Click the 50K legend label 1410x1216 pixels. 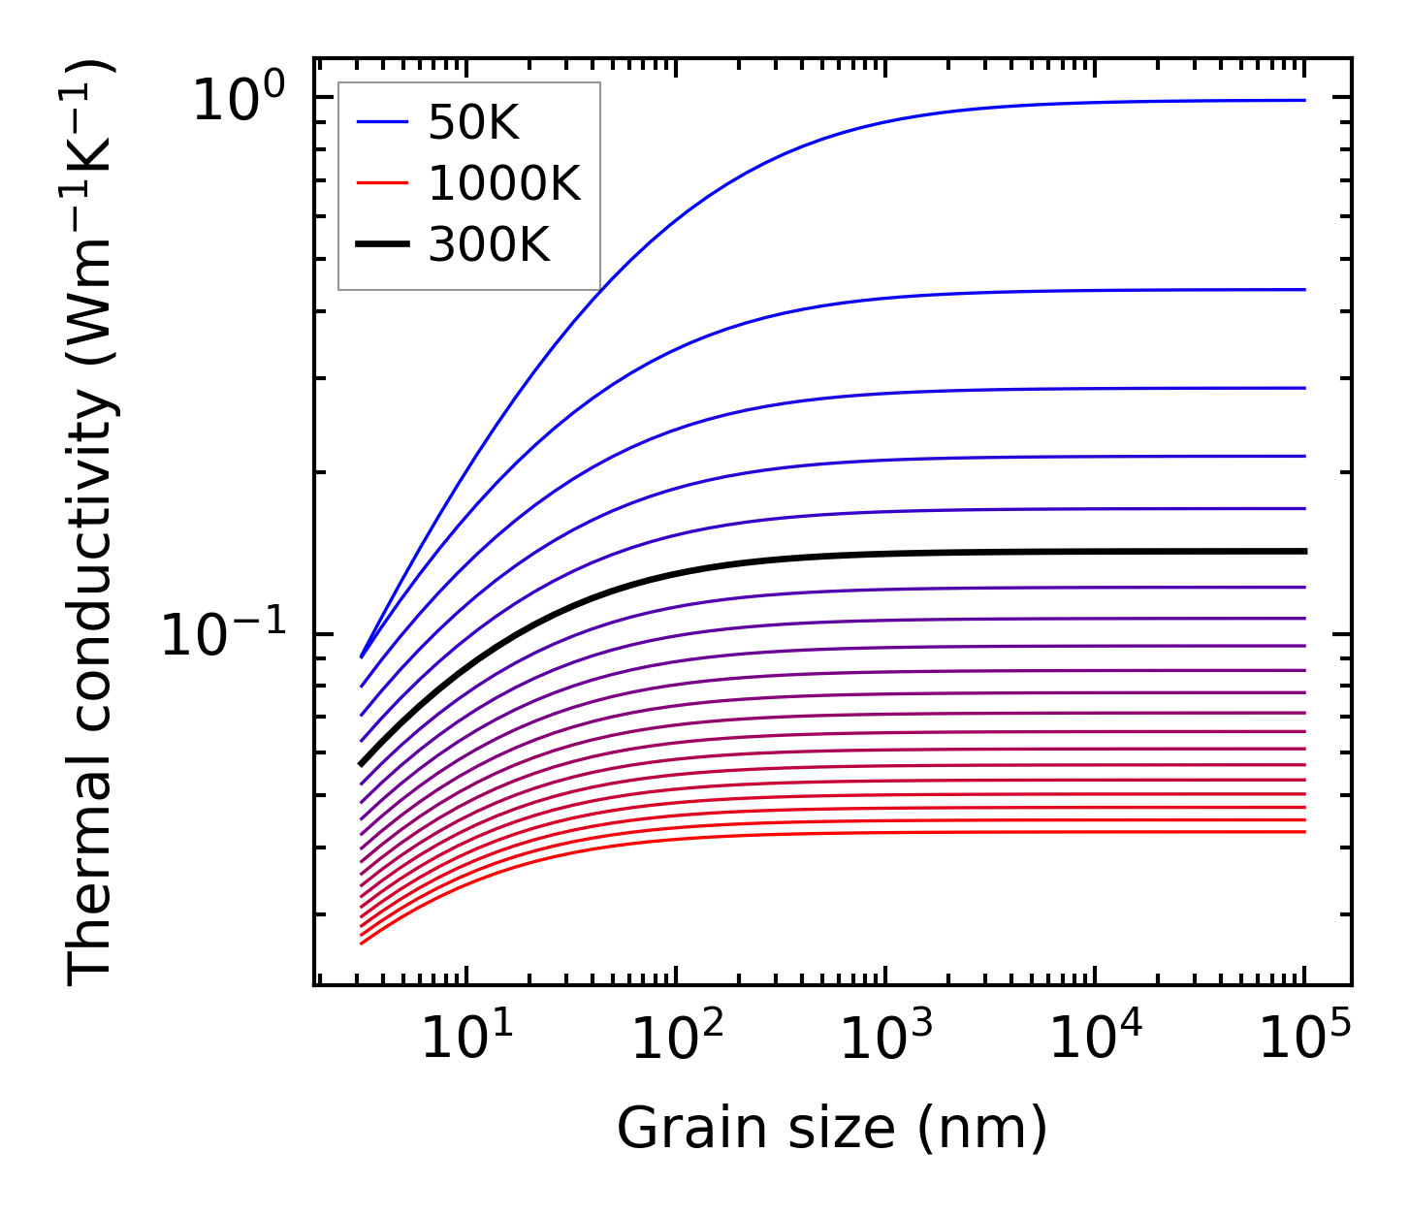[473, 123]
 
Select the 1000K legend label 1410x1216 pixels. [504, 184]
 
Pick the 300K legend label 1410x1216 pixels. [489, 246]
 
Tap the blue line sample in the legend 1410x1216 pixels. [382, 123]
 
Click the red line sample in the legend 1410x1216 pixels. [382, 184]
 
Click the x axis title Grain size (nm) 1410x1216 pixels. [832, 1130]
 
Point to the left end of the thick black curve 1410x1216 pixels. [362, 764]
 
